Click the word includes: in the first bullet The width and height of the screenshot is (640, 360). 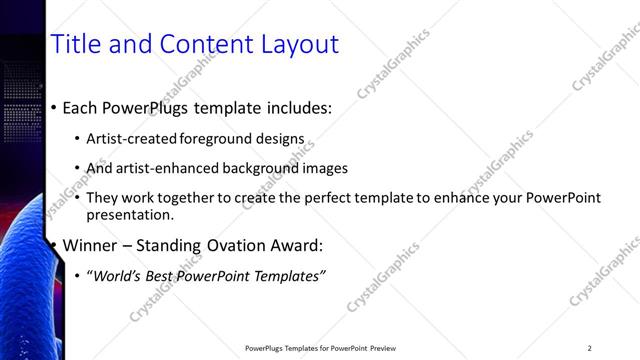(x=295, y=108)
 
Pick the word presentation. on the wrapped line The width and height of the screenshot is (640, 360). (x=130, y=214)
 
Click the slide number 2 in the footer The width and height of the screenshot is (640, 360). (x=589, y=348)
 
